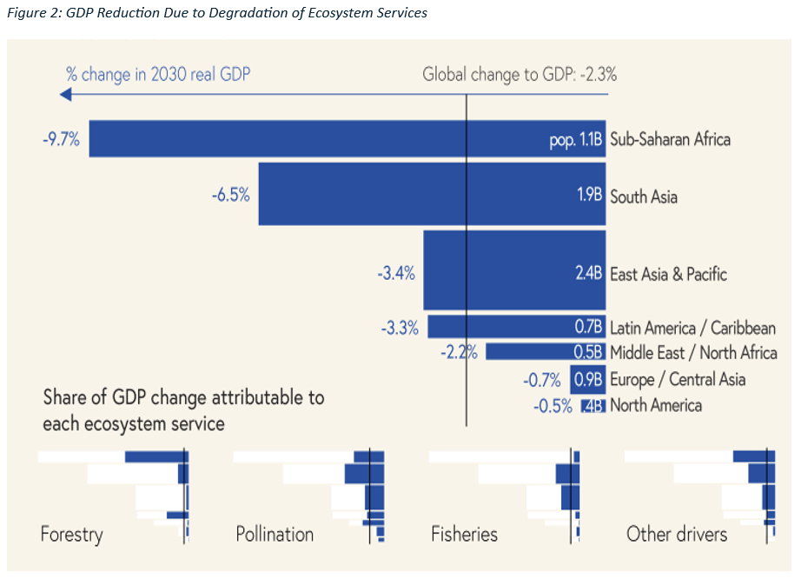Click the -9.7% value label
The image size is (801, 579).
(x=60, y=139)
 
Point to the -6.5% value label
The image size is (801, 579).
(x=230, y=196)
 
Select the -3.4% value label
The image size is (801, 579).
(x=395, y=274)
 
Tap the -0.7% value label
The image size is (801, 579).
(x=543, y=380)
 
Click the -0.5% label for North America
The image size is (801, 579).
(x=553, y=405)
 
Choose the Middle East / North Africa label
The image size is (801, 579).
(x=693, y=353)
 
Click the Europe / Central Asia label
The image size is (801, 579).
(x=678, y=379)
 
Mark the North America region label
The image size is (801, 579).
(x=656, y=405)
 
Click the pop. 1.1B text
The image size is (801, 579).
(x=576, y=140)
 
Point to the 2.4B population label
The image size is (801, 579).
(x=588, y=273)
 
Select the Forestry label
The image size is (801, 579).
(x=71, y=534)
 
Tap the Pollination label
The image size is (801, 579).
(x=275, y=534)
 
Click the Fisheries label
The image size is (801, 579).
(x=464, y=534)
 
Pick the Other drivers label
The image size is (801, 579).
(x=677, y=534)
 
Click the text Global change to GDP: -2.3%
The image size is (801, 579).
(x=520, y=75)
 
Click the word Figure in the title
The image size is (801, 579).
(x=25, y=14)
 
